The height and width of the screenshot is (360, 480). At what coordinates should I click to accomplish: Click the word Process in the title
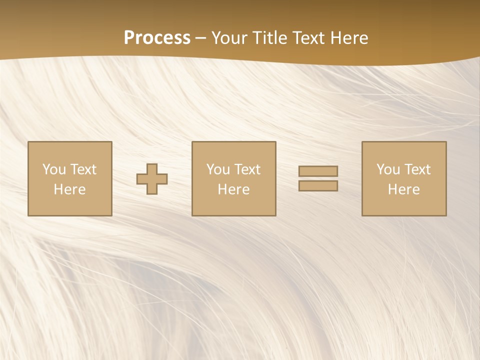pyautogui.click(x=157, y=38)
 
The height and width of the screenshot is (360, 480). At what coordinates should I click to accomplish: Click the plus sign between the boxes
pyautogui.click(x=152, y=178)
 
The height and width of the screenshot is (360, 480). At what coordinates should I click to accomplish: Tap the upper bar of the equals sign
pyautogui.click(x=318, y=171)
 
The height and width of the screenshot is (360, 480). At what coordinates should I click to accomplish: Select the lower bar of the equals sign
pyautogui.click(x=318, y=185)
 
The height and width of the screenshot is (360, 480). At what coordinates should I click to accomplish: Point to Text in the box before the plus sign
pyautogui.click(x=83, y=169)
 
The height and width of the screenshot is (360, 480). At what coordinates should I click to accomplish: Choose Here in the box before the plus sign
pyautogui.click(x=69, y=189)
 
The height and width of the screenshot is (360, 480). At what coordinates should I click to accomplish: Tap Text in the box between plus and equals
pyautogui.click(x=247, y=169)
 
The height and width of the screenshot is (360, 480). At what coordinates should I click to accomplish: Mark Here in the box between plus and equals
pyautogui.click(x=233, y=189)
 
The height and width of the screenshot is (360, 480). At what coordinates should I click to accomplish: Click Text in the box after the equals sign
pyautogui.click(x=417, y=169)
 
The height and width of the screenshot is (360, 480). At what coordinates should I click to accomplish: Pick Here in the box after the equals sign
pyautogui.click(x=403, y=189)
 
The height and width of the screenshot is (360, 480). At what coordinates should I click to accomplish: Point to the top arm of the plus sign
pyautogui.click(x=152, y=168)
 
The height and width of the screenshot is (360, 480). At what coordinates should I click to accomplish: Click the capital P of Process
pyautogui.click(x=129, y=38)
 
